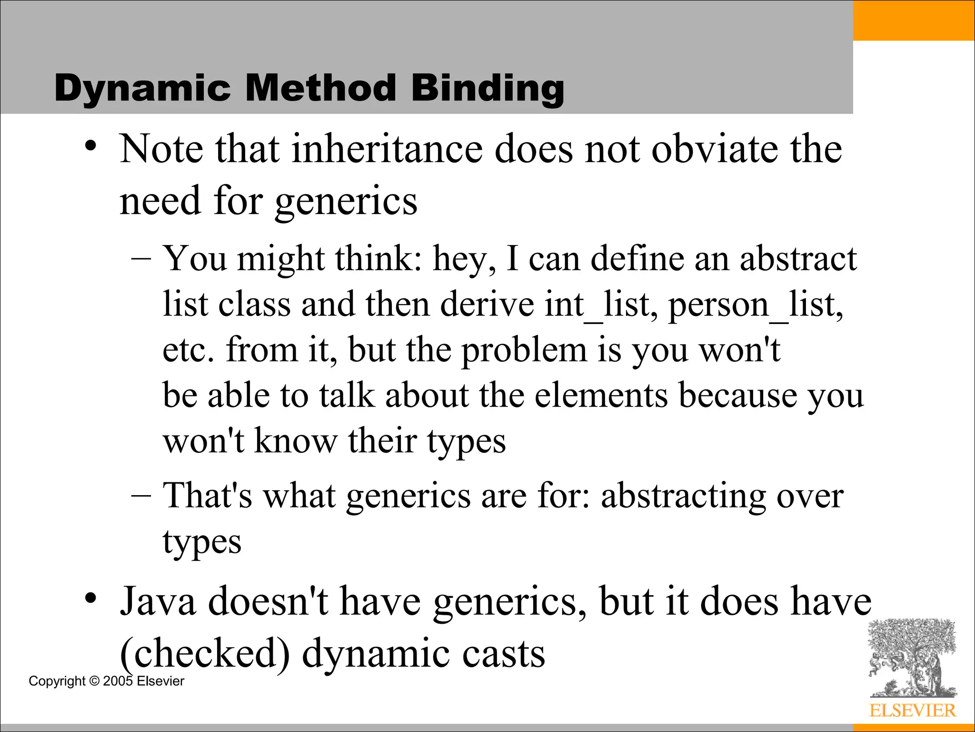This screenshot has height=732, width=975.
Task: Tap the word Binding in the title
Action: [x=487, y=89]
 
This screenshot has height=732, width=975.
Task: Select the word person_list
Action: [x=756, y=305]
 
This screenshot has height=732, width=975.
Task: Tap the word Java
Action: [x=158, y=602]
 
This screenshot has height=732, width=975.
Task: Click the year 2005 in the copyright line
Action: [x=118, y=681]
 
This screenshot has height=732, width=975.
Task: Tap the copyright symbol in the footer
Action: [x=94, y=681]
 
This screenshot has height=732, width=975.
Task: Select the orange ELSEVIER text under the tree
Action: [x=912, y=711]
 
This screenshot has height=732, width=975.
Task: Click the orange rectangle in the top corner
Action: [x=914, y=20]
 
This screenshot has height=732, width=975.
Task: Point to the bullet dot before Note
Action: [x=90, y=145]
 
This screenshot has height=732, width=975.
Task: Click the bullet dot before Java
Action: [x=90, y=598]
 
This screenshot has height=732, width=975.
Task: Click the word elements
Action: [x=601, y=396]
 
